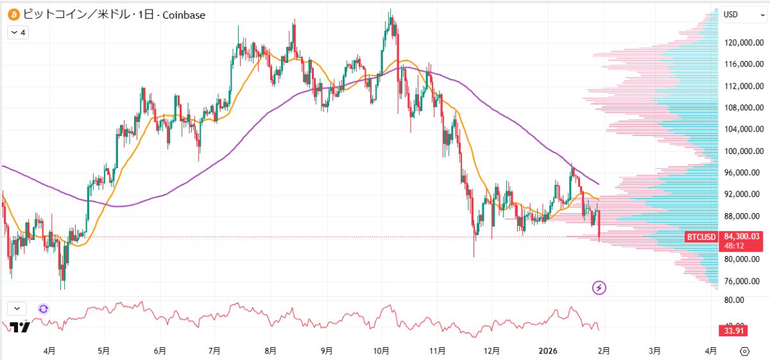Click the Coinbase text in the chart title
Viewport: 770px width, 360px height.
pyautogui.click(x=184, y=14)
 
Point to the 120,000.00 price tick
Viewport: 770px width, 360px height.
pyautogui.click(x=744, y=43)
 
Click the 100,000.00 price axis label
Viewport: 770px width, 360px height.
pyautogui.click(x=744, y=151)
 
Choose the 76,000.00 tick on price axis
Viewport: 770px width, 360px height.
pyautogui.click(x=744, y=281)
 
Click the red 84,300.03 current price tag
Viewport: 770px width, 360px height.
pyautogui.click(x=744, y=237)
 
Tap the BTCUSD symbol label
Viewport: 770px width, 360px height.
pyautogui.click(x=701, y=237)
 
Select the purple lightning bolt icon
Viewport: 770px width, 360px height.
pyautogui.click(x=599, y=287)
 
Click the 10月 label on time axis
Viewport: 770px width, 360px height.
pyautogui.click(x=382, y=351)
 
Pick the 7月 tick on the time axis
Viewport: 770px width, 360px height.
pyautogui.click(x=215, y=351)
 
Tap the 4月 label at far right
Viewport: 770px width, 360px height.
pyautogui.click(x=711, y=351)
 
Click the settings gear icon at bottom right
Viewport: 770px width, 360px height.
pyautogui.click(x=744, y=351)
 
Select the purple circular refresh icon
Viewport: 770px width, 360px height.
pyautogui.click(x=43, y=309)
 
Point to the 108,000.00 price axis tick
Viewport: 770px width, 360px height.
pyautogui.click(x=744, y=108)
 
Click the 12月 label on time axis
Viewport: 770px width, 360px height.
pyautogui.click(x=493, y=351)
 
